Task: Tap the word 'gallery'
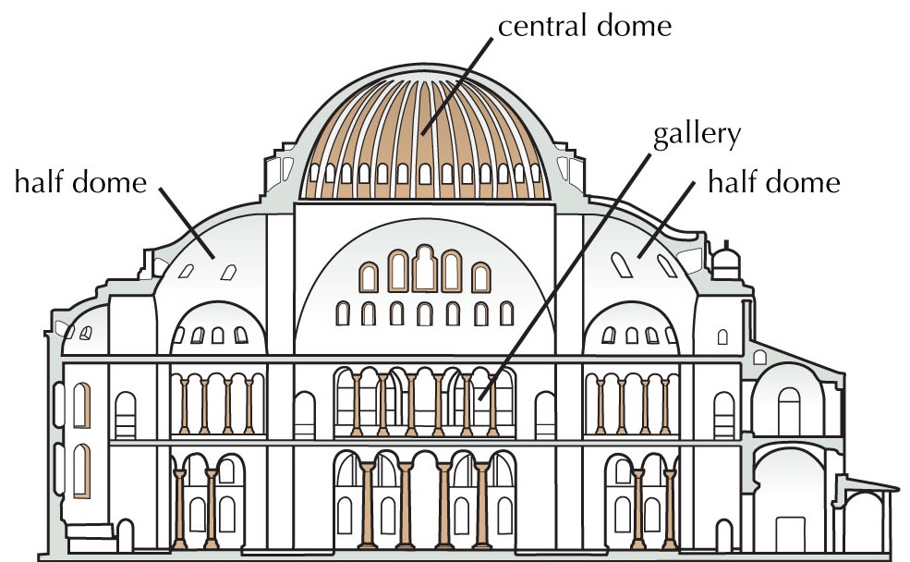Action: coord(697,136)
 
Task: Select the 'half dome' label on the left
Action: coord(80,182)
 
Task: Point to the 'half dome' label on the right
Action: coord(773,182)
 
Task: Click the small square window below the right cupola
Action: coord(722,335)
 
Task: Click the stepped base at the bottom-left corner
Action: coord(88,531)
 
